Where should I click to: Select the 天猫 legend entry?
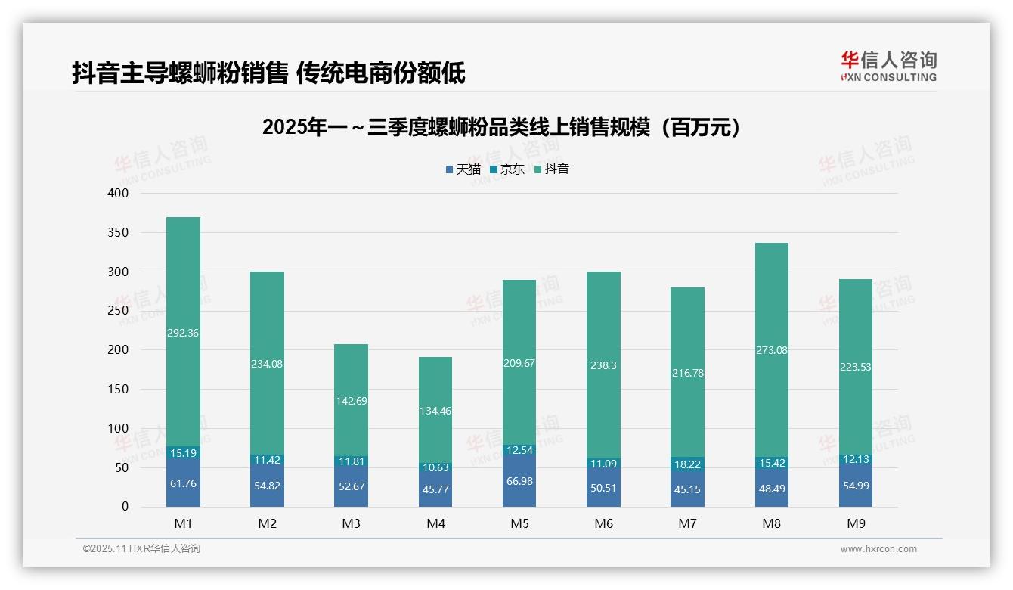[x=462, y=169]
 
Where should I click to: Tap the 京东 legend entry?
[x=506, y=169]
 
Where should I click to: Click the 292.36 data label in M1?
[x=183, y=333]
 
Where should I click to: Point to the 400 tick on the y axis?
[x=119, y=194]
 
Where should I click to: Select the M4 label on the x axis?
[x=435, y=523]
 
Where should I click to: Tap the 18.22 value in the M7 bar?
[x=687, y=464]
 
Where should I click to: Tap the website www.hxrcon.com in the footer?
[x=878, y=549]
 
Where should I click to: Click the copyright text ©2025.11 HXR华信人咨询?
[x=141, y=549]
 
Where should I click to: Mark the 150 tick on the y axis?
[x=119, y=390]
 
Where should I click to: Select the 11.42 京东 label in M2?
[x=268, y=460]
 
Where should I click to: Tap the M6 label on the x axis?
[x=603, y=523]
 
